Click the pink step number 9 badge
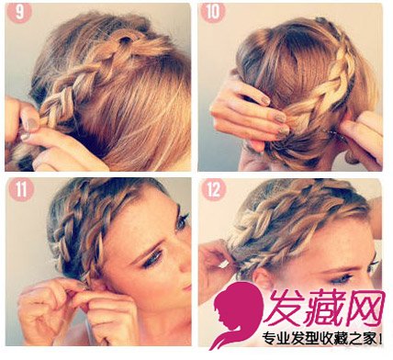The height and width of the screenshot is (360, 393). pos(18,13)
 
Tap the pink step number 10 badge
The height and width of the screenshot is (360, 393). pos(212,13)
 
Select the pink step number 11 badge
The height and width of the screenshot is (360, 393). pos(21,190)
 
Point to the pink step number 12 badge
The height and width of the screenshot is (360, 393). pos(214,190)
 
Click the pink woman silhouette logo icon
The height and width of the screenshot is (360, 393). pos(237,314)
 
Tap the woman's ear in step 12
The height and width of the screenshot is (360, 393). pos(261,279)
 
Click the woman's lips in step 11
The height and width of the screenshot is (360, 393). pos(187,287)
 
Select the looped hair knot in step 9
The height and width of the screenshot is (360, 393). pos(125,42)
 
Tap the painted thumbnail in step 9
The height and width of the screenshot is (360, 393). pos(31,124)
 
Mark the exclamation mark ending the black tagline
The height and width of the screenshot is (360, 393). pos(380,339)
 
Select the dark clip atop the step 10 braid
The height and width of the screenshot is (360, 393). pos(320,21)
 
